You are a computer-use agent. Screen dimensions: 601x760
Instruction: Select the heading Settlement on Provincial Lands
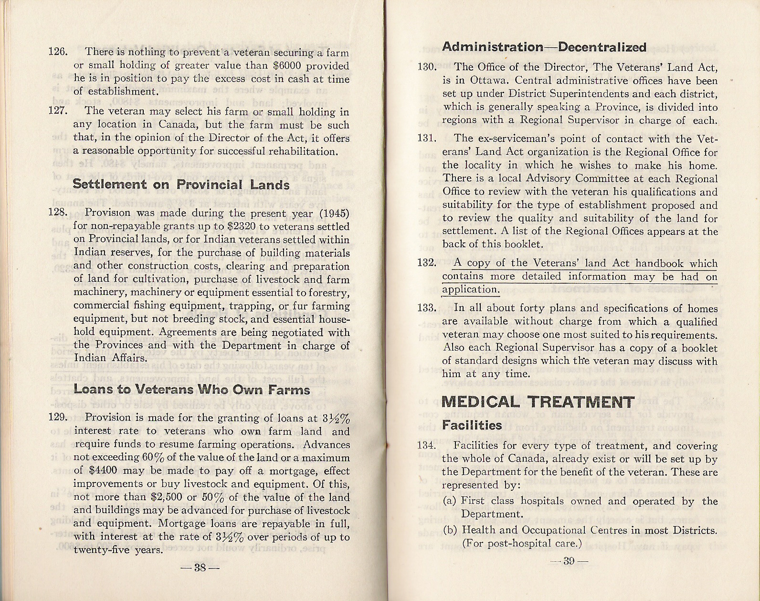[181, 184]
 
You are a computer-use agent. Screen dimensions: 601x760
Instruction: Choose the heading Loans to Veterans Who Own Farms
[192, 389]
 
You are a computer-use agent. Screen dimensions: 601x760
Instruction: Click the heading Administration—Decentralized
[544, 47]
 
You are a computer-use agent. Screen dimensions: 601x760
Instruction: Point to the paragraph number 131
[426, 139]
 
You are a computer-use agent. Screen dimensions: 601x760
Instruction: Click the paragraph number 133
[426, 308]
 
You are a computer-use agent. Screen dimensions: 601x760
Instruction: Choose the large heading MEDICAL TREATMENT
[538, 402]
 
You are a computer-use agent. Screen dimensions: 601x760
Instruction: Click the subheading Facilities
[472, 425]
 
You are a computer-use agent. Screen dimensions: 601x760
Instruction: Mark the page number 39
[568, 561]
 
